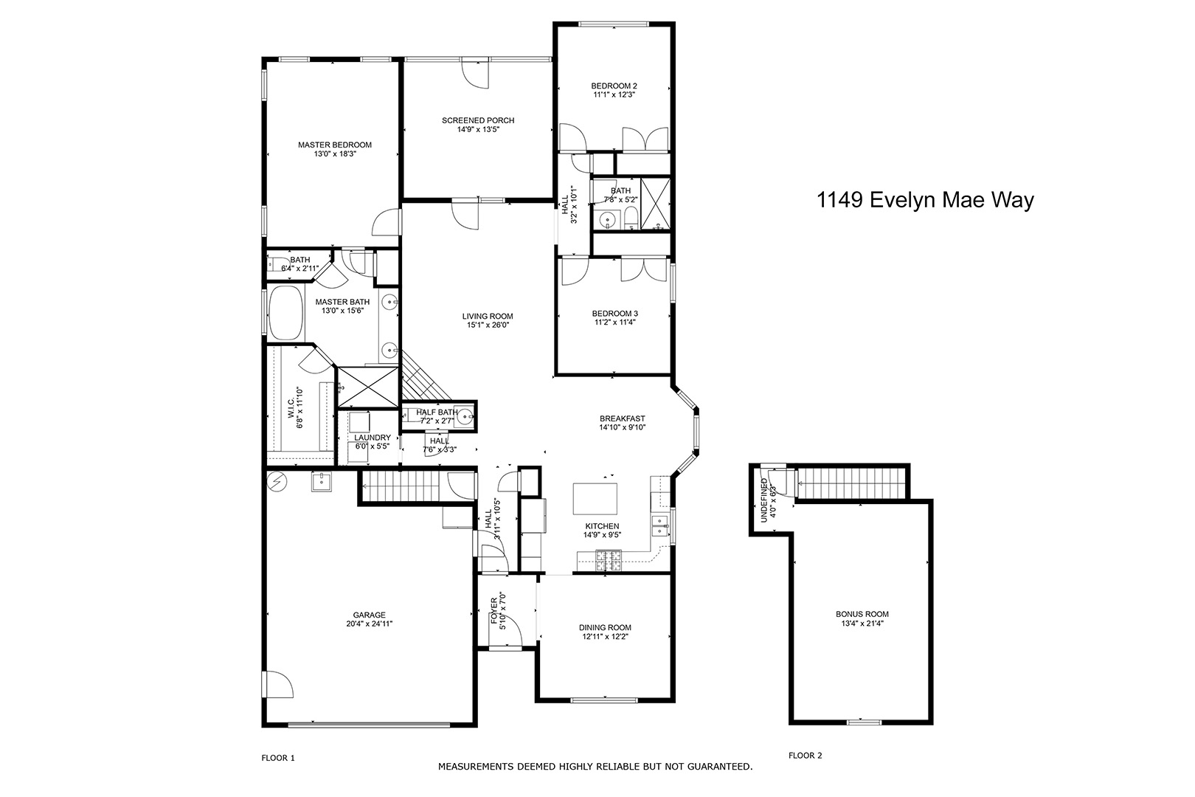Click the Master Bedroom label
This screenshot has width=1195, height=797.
point(334,145)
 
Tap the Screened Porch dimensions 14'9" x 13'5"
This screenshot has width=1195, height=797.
point(478,129)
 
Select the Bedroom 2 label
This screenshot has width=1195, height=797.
point(614,86)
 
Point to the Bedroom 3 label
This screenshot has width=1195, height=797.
point(614,314)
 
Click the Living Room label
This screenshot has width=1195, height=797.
point(488,316)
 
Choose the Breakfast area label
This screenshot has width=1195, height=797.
point(622,418)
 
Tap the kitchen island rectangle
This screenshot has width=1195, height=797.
point(595,499)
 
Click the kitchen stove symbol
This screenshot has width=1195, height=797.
point(609,561)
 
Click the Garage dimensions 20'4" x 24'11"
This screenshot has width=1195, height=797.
point(369,624)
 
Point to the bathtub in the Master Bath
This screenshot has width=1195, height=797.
point(285,313)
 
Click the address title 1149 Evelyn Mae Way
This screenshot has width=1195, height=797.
point(925,200)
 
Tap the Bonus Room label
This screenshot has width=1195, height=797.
point(862,614)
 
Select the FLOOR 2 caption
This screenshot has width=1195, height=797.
point(805,756)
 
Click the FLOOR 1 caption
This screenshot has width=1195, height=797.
point(278,757)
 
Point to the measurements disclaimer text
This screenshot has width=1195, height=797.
point(595,767)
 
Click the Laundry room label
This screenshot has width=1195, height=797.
point(373,437)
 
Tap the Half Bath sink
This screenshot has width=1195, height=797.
point(466,416)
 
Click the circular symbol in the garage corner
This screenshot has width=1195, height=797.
point(277,482)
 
